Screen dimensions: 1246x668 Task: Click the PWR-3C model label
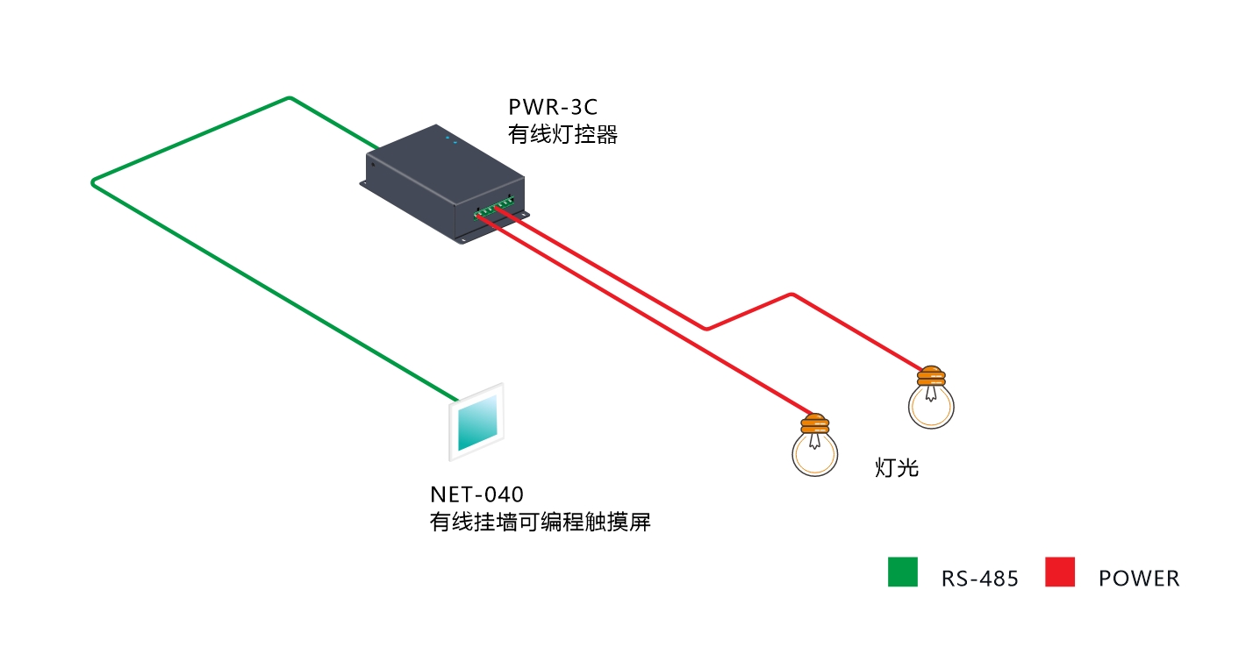tap(552, 107)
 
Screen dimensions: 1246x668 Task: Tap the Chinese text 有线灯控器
tap(562, 134)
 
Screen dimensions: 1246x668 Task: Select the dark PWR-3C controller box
tap(444, 183)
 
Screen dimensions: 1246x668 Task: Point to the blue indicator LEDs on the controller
tap(451, 139)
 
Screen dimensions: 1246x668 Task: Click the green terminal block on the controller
tap(493, 207)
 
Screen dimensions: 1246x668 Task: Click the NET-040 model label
tap(476, 494)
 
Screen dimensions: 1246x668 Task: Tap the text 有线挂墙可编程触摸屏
tap(540, 522)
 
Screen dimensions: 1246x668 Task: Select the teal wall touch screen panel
tap(476, 423)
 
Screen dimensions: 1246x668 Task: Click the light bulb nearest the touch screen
tap(815, 445)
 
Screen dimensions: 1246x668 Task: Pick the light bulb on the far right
tap(931, 397)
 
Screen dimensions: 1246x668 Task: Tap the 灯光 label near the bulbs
tap(896, 468)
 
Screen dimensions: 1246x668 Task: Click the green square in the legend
tap(902, 572)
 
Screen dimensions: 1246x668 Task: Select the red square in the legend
tap(1060, 572)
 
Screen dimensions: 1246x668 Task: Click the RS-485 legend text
tap(979, 579)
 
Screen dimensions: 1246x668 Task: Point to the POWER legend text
tap(1139, 579)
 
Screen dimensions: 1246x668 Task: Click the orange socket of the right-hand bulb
tap(931, 376)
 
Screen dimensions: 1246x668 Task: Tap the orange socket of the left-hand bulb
tap(815, 423)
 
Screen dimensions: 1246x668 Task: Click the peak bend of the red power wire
tap(791, 295)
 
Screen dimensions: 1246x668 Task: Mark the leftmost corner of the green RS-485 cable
tap(93, 182)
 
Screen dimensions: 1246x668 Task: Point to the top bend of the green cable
tap(290, 99)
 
